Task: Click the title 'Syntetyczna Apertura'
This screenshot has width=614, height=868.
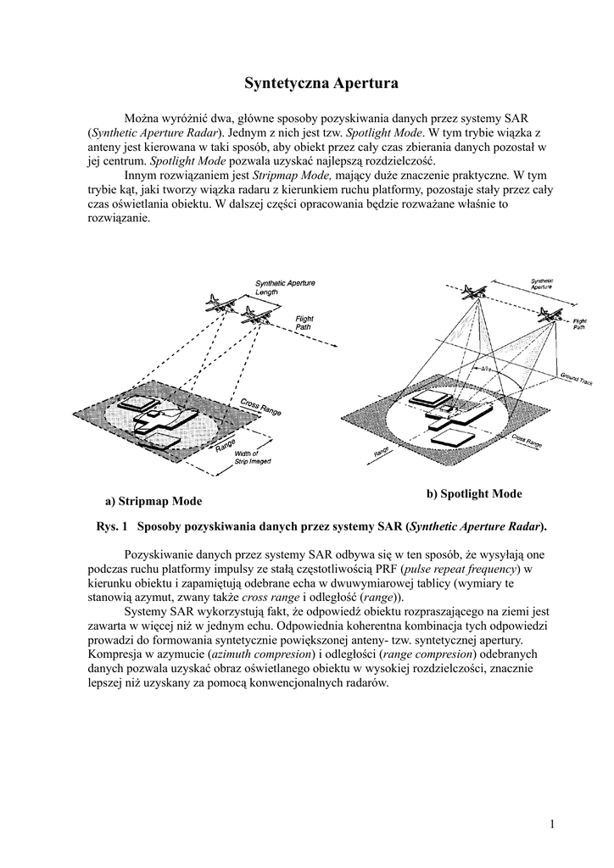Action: coord(309,83)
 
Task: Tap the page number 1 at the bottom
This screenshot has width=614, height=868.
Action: coord(551,824)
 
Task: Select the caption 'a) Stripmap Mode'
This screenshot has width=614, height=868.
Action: coord(153,501)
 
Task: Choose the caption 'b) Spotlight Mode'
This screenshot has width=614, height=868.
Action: coord(474,493)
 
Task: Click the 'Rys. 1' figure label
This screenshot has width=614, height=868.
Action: coord(112,526)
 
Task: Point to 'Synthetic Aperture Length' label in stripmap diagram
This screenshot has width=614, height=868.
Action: coord(282,287)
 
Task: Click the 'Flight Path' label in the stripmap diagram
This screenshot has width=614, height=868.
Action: coord(304,322)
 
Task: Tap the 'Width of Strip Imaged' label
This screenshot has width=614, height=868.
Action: coord(252,459)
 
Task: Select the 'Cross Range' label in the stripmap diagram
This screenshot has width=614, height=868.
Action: coord(260,408)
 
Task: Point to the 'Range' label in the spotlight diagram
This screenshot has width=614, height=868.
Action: coord(381,454)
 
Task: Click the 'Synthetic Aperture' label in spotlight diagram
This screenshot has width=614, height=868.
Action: coord(543,285)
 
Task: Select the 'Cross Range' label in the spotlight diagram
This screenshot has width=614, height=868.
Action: coord(527,441)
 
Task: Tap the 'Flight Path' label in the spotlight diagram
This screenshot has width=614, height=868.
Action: coord(580,324)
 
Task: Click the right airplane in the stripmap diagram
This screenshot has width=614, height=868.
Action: coord(253,316)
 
